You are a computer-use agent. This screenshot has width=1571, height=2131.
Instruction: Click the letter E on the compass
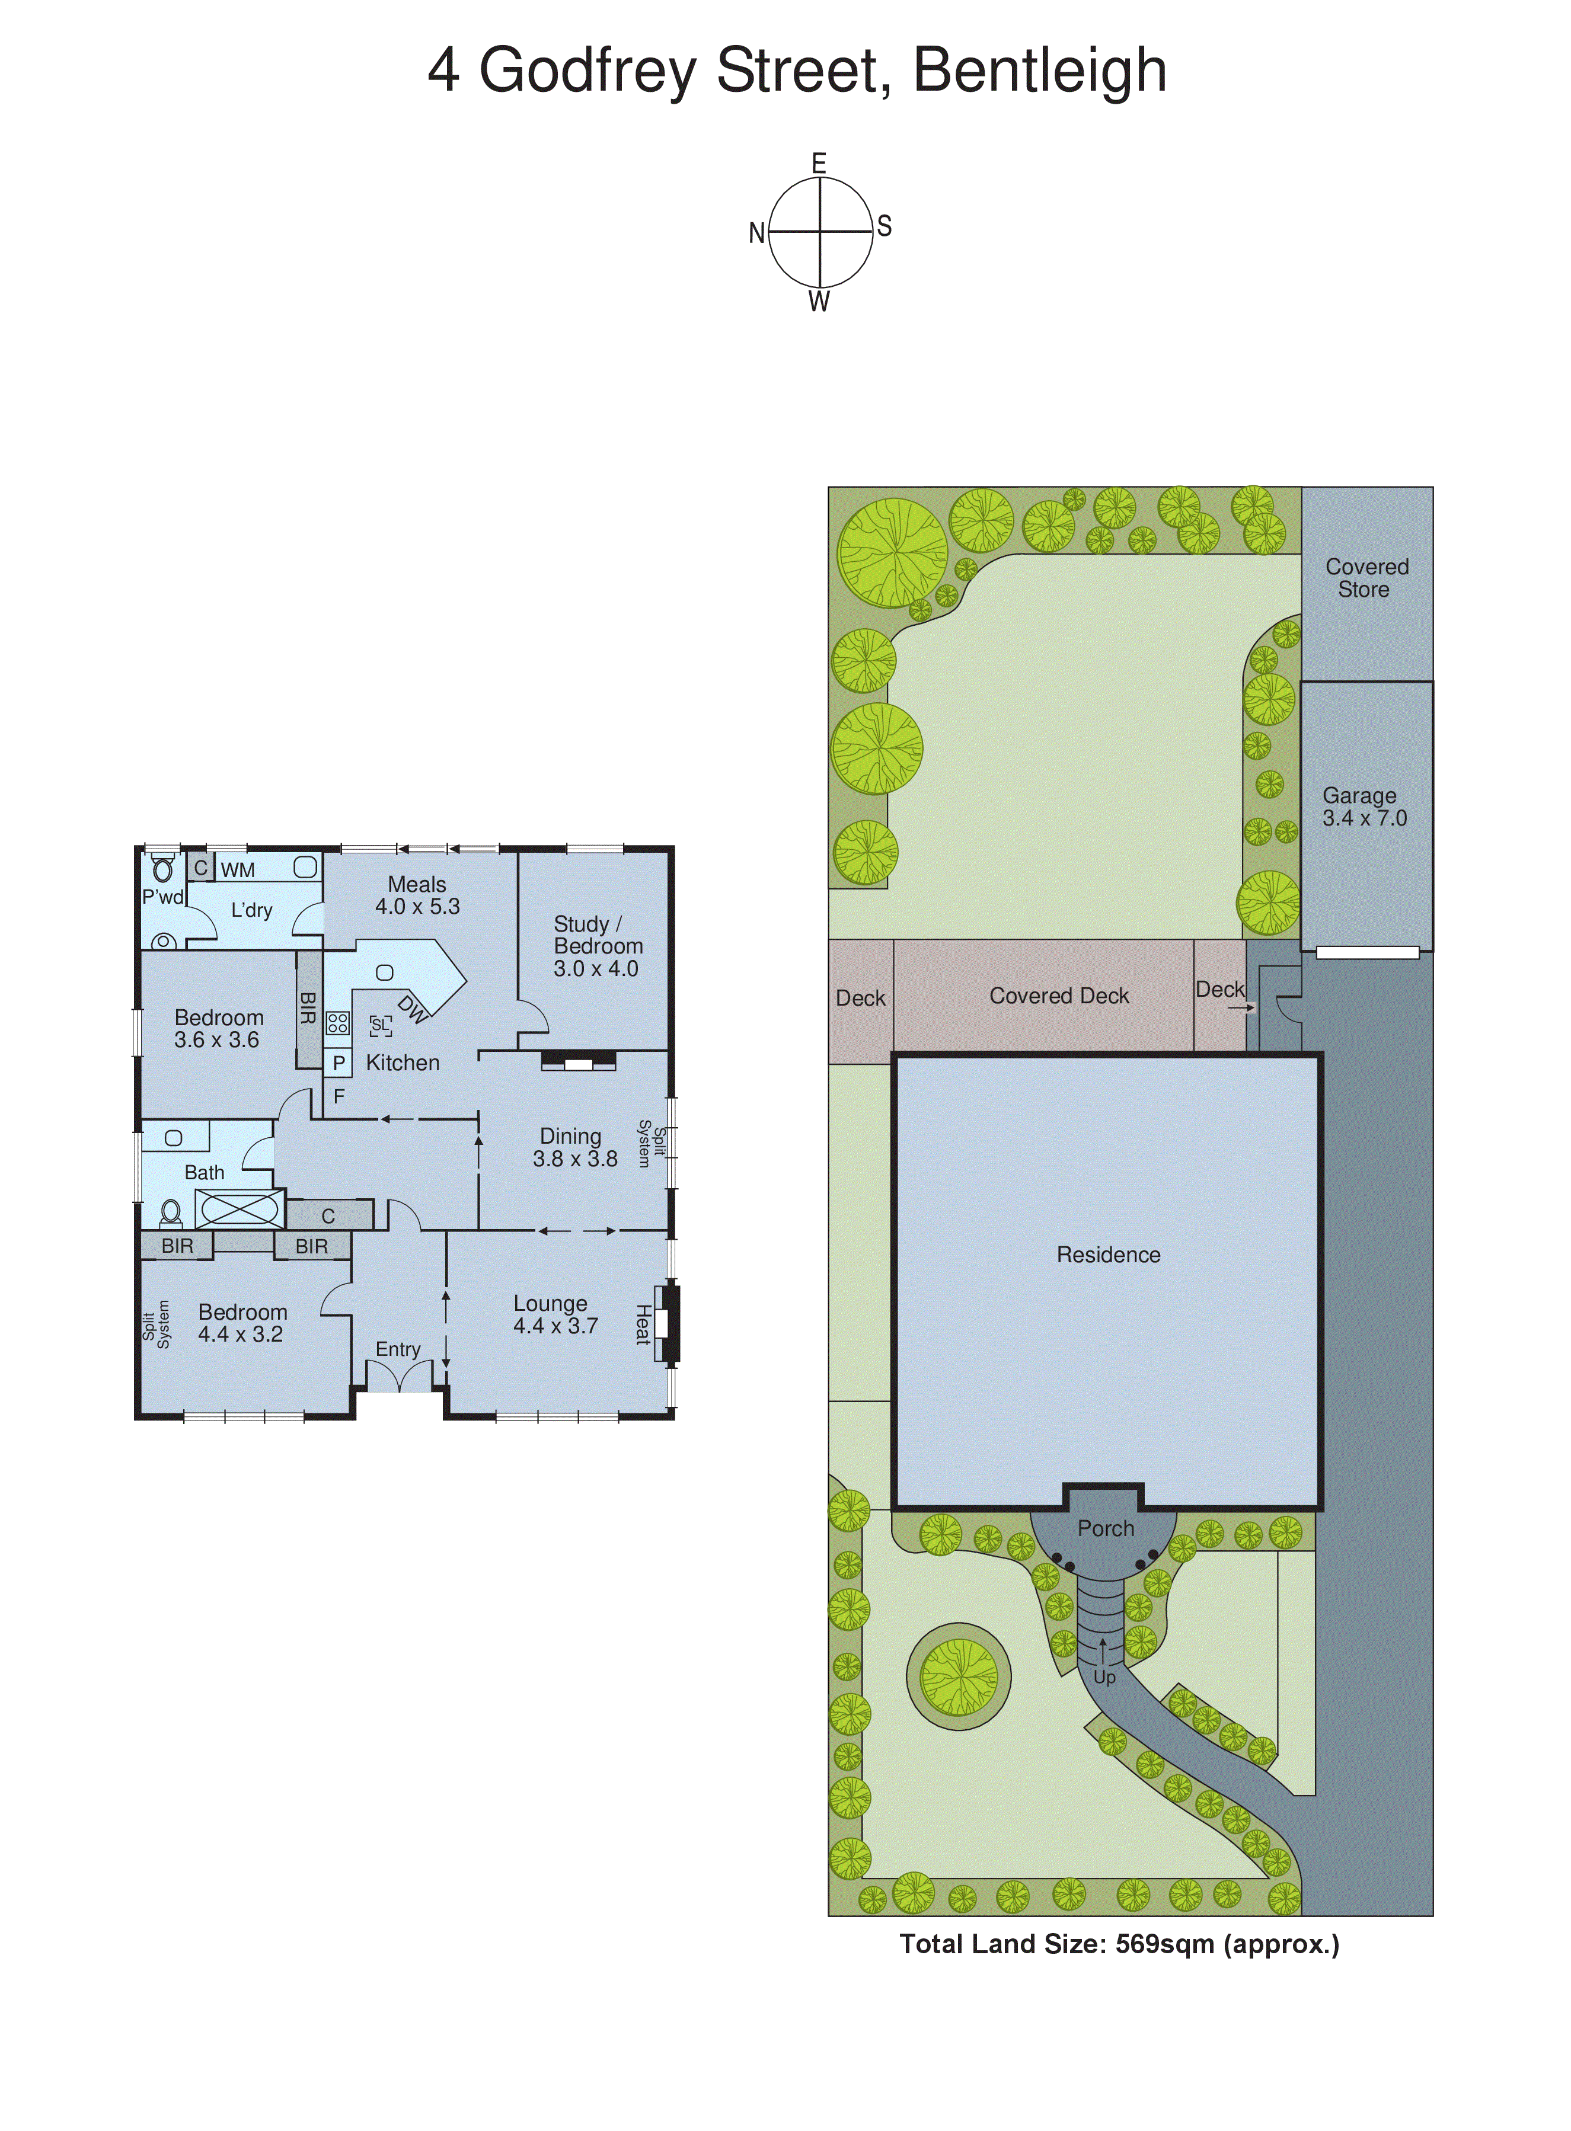tap(819, 164)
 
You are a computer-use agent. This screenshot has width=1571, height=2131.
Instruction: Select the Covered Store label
tap(1366, 578)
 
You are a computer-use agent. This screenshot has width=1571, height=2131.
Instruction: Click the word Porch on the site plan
tap(1105, 1528)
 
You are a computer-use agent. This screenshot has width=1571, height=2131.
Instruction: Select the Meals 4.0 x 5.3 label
tap(417, 895)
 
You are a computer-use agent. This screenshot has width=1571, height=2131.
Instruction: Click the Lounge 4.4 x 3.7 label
tap(554, 1314)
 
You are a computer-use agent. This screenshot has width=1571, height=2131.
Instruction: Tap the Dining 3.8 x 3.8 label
tap(573, 1147)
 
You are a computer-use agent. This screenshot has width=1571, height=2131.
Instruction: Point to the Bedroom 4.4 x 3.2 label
tap(241, 1323)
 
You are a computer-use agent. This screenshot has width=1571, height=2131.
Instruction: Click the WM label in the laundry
tap(238, 870)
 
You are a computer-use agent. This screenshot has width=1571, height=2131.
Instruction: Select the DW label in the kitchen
tap(413, 1009)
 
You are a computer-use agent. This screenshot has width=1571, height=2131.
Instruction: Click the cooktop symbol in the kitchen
tap(337, 1023)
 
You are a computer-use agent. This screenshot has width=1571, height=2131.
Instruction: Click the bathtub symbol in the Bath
tap(240, 1209)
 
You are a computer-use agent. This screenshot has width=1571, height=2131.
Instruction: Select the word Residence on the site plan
tap(1108, 1255)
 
